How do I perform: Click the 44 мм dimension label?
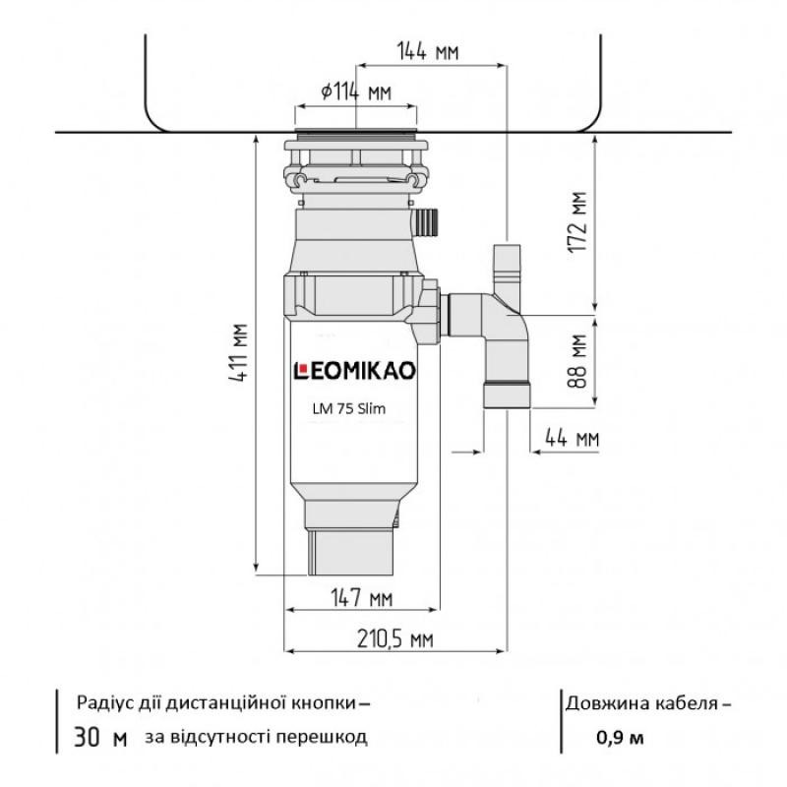[x=572, y=438]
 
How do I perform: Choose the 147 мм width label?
[x=362, y=598]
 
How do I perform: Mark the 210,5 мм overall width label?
[x=393, y=640]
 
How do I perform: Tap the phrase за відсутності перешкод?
[x=255, y=737]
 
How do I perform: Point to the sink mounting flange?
[x=357, y=132]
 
